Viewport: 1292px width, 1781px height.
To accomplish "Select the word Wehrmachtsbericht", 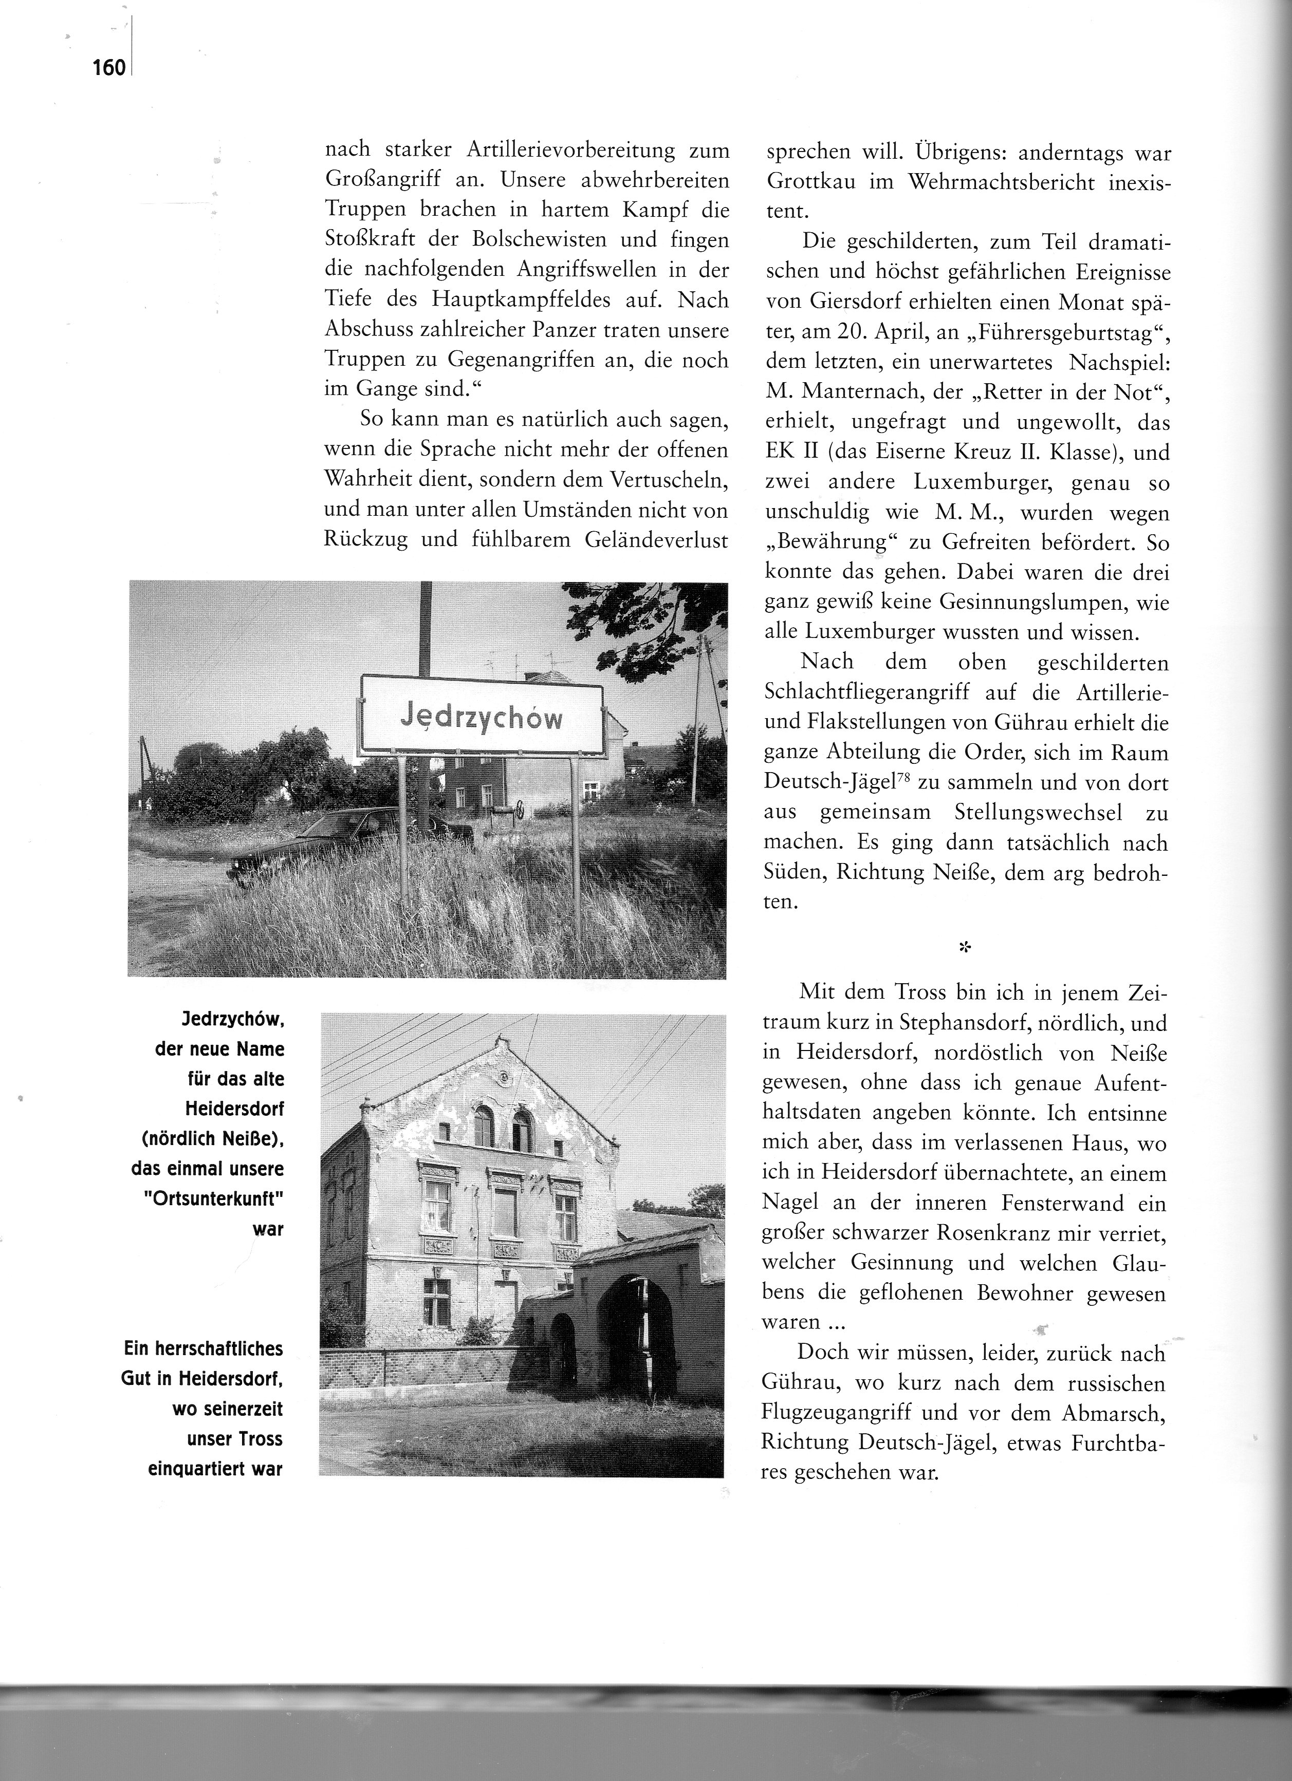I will pos(991,183).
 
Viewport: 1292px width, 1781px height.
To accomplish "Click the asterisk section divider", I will pos(965,948).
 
